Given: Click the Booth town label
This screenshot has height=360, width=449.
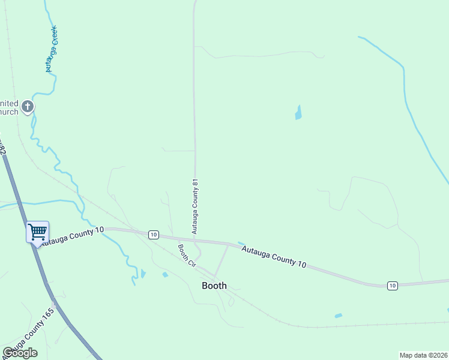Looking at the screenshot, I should [214, 286].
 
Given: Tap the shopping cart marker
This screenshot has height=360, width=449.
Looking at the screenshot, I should [37, 231].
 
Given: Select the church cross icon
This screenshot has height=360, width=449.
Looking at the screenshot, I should [27, 107].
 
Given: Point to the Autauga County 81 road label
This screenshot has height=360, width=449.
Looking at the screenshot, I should [194, 206].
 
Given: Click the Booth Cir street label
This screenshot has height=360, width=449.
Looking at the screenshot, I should [187, 255].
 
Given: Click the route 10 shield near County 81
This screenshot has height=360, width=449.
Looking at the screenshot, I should [153, 234].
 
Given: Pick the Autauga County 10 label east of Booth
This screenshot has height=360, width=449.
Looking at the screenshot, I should [274, 256].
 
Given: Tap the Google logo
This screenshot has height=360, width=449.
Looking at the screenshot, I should [20, 353].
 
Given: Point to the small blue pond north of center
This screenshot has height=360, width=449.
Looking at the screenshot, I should [298, 113].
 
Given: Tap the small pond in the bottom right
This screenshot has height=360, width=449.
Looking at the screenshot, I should [338, 316].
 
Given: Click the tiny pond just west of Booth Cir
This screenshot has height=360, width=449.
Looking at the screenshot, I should [164, 275].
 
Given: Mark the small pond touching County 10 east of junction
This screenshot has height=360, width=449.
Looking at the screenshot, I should [241, 244].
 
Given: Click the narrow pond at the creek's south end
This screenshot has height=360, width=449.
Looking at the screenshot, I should [143, 274].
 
